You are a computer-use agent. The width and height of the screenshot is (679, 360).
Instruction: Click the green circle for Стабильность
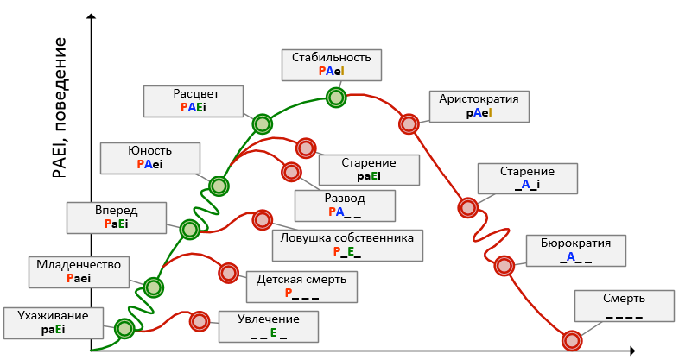pyautogui.click(x=335, y=98)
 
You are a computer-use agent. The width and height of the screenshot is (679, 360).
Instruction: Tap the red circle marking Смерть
pyautogui.click(x=571, y=340)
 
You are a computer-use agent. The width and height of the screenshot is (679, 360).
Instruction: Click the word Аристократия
pyautogui.click(x=478, y=98)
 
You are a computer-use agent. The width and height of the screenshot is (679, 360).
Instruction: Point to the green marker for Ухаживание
pyautogui.click(x=124, y=328)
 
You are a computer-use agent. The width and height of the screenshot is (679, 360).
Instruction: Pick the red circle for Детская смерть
pyautogui.click(x=228, y=273)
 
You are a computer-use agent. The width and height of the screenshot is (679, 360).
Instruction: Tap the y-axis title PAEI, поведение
pyautogui.click(x=59, y=108)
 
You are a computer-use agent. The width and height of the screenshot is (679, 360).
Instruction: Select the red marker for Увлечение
pyautogui.click(x=200, y=321)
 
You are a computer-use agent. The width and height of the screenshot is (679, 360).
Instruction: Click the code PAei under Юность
pyautogui.click(x=149, y=164)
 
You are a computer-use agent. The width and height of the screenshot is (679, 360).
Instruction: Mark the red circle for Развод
pyautogui.click(x=292, y=172)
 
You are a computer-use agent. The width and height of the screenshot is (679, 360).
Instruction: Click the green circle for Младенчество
pyautogui.click(x=153, y=287)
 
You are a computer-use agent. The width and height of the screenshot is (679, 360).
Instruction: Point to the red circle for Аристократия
pyautogui.click(x=409, y=124)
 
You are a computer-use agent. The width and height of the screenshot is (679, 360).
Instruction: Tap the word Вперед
pyautogui.click(x=117, y=210)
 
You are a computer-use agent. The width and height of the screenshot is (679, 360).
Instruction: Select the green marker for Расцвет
pyautogui.click(x=262, y=123)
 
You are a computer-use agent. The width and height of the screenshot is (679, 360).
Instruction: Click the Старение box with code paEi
pyautogui.click(x=368, y=169)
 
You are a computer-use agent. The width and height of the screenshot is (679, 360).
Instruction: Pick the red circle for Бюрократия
pyautogui.click(x=504, y=265)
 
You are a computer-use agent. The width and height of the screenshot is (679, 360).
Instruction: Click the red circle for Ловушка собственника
pyautogui.click(x=262, y=219)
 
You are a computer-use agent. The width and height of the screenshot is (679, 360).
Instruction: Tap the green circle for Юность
pyautogui.click(x=219, y=186)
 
